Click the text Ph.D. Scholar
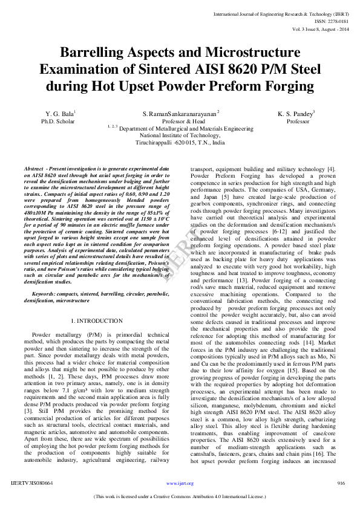(57, 121)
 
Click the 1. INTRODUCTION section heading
(96, 320)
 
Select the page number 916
(341, 483)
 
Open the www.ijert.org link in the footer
(180, 484)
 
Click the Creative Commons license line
(180, 496)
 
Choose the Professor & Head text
(181, 121)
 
